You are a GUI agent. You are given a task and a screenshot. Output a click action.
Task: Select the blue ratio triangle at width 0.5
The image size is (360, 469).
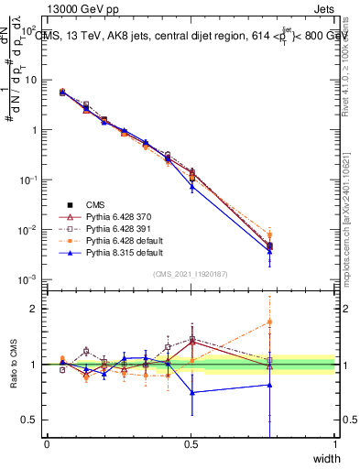191,392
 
